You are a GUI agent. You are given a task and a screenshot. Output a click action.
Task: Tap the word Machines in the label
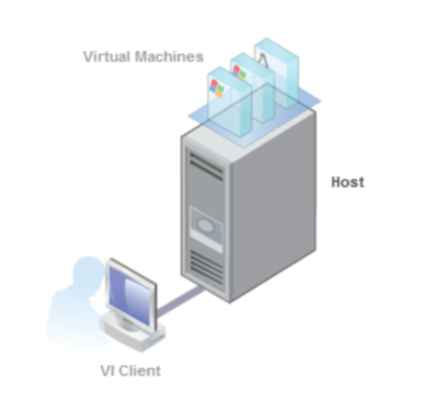click(170, 57)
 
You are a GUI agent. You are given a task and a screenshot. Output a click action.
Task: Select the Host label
click(348, 182)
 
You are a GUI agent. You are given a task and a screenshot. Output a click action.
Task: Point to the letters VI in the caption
click(107, 371)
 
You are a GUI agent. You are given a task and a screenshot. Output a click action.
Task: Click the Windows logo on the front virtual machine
click(217, 88)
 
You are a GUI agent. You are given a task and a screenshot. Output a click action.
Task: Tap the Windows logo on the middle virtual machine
click(240, 72)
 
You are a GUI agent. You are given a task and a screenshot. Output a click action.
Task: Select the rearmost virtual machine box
click(277, 72)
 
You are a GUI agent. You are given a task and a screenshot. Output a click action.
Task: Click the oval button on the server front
click(205, 226)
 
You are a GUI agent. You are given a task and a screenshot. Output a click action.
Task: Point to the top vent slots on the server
click(206, 166)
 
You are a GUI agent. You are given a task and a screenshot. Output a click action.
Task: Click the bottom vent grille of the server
click(206, 268)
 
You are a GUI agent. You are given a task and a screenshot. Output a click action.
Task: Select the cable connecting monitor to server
click(180, 302)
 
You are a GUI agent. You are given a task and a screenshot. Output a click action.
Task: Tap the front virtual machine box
click(229, 102)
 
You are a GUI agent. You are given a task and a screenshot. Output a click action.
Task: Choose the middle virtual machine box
click(252, 87)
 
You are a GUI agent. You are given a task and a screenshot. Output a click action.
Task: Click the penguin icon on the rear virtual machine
click(263, 59)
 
